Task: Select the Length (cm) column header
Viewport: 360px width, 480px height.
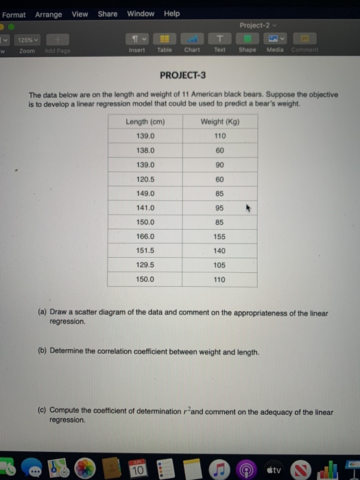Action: click(x=145, y=121)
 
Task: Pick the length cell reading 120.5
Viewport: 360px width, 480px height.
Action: click(x=145, y=179)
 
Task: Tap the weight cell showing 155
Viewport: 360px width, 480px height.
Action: click(x=219, y=237)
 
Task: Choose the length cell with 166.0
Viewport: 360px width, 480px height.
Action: click(x=145, y=237)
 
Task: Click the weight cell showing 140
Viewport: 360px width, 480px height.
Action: click(x=219, y=251)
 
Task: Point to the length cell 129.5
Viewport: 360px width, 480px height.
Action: click(x=145, y=265)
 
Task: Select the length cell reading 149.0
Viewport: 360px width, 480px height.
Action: click(x=145, y=193)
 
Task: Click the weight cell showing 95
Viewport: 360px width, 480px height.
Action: click(x=219, y=208)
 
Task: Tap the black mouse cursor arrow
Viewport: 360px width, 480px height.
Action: click(x=250, y=206)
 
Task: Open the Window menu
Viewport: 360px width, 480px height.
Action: click(x=141, y=14)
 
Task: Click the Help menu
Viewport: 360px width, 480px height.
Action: click(x=171, y=14)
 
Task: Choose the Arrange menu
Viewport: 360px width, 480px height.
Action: click(x=48, y=14)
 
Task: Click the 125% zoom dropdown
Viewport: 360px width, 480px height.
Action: click(x=29, y=40)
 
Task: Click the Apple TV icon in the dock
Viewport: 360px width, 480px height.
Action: click(x=272, y=469)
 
